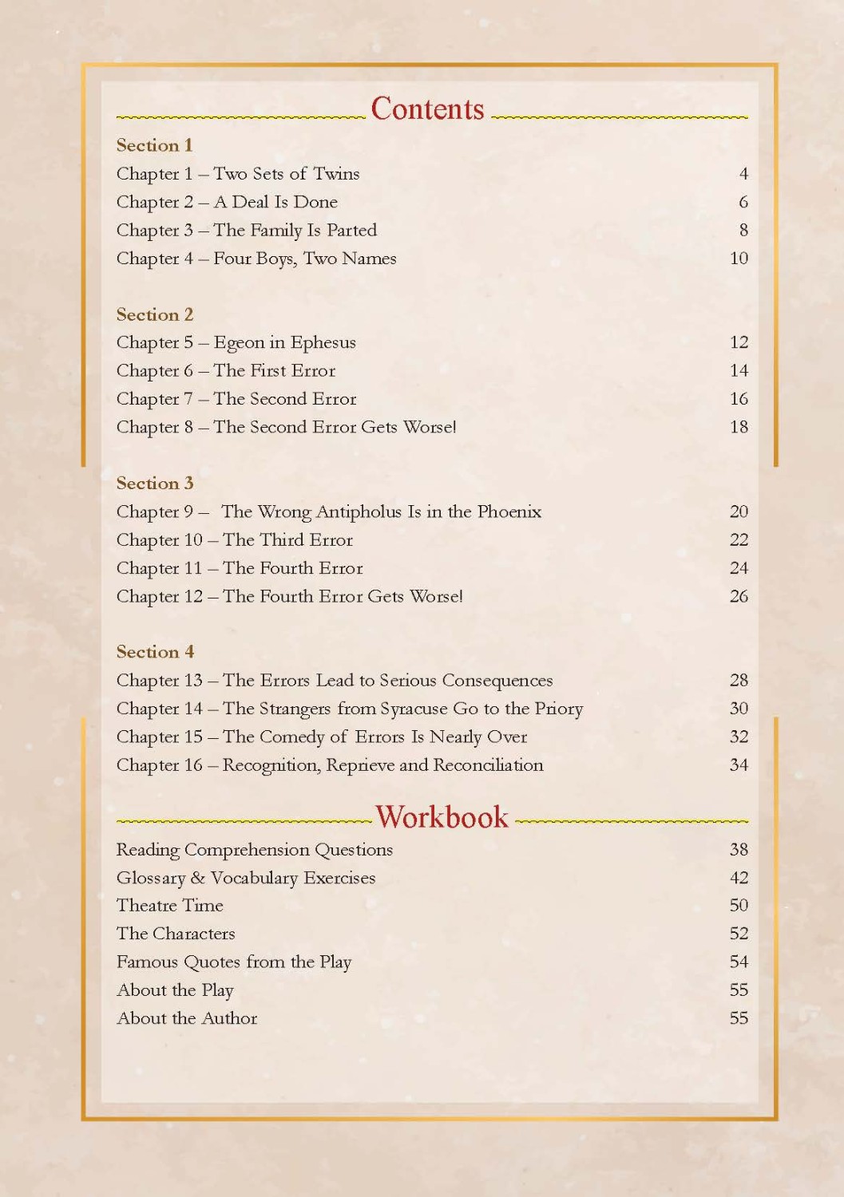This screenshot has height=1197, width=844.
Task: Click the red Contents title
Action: click(x=427, y=109)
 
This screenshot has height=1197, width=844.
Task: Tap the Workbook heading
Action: click(x=442, y=817)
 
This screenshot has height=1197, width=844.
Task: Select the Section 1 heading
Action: click(x=154, y=145)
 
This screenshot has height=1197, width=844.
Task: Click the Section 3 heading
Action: click(x=155, y=484)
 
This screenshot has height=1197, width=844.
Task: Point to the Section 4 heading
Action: click(x=155, y=652)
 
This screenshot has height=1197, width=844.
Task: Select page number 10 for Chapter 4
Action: click(x=739, y=259)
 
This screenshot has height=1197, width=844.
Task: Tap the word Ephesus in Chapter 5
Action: click(x=323, y=343)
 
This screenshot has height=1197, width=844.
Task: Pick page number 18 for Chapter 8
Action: click(x=739, y=427)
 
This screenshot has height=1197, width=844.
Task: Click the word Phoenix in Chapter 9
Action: click(x=509, y=512)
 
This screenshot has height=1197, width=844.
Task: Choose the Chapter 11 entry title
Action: click(x=240, y=568)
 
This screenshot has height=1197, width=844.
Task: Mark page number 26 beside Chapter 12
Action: click(x=739, y=596)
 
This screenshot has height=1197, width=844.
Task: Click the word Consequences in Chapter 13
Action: click(x=497, y=681)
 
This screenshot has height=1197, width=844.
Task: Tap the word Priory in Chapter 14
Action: click(x=559, y=709)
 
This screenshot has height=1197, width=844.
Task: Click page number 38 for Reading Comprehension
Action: click(x=739, y=850)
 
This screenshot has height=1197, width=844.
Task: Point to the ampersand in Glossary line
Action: click(x=198, y=878)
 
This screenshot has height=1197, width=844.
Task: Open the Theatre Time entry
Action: click(x=169, y=906)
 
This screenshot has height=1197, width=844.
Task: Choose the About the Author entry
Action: click(x=187, y=1018)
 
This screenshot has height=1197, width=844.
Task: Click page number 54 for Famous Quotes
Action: click(x=739, y=962)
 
